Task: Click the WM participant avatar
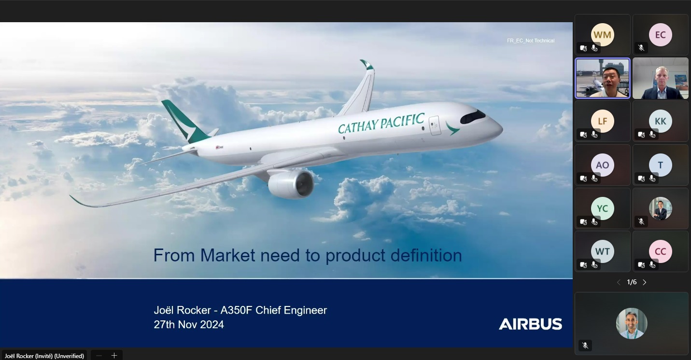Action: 603,35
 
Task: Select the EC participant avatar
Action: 661,35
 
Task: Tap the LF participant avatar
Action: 603,121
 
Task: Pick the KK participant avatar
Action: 661,121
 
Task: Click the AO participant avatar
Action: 603,165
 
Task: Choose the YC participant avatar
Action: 603,208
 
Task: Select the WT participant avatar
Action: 603,251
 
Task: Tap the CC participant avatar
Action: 661,251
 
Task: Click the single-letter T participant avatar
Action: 661,165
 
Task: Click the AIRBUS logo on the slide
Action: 530,324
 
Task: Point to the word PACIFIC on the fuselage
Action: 402,121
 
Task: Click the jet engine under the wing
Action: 291,184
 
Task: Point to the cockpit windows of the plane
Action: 473,117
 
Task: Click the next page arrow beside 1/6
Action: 645,282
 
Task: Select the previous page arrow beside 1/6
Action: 619,282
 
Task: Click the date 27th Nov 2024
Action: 189,325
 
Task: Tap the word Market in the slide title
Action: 227,255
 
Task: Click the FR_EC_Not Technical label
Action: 531,41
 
